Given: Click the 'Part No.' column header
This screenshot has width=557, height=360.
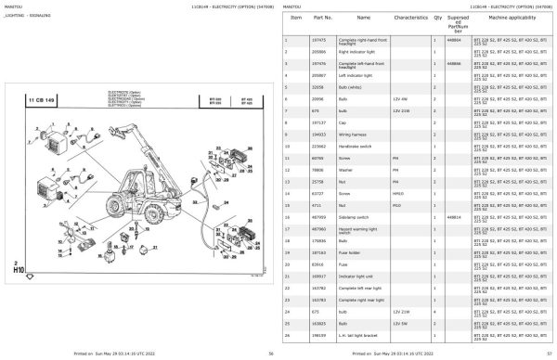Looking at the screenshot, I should (x=323, y=19).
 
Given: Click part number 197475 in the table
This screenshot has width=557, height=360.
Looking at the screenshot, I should (x=322, y=41).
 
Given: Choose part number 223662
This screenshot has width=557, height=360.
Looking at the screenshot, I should (x=322, y=146).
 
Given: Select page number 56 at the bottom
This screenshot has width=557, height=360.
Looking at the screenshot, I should (x=270, y=354).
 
